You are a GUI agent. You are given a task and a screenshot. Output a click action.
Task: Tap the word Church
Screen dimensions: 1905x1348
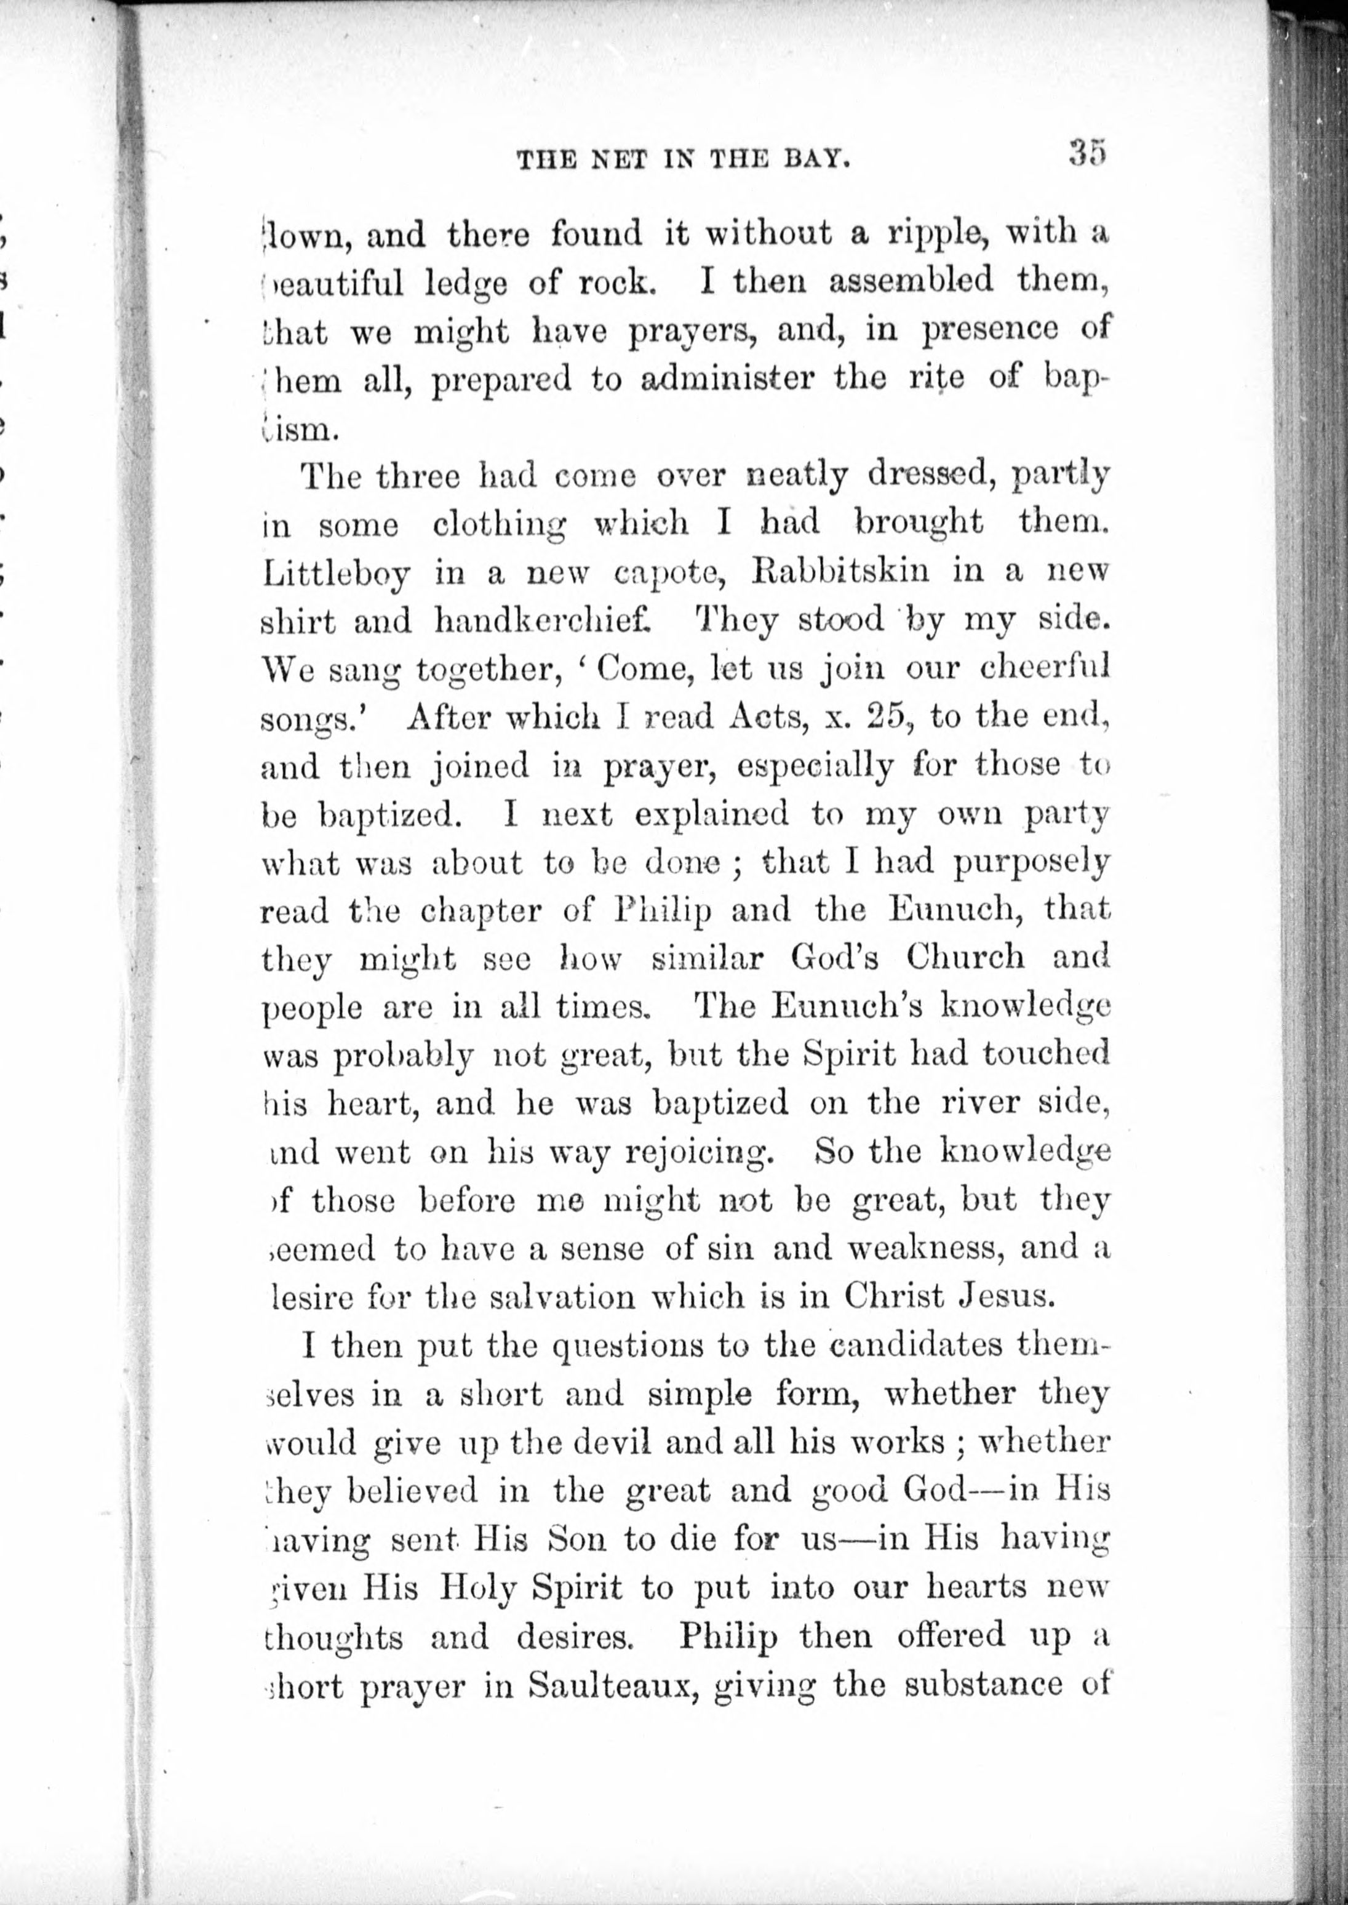point(965,958)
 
